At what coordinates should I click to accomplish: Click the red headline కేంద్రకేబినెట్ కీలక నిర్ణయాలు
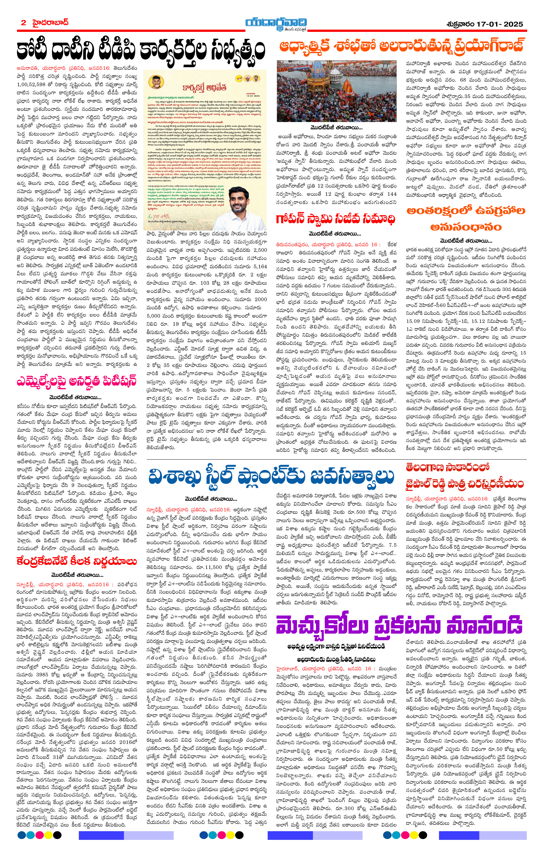pos(76,562)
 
